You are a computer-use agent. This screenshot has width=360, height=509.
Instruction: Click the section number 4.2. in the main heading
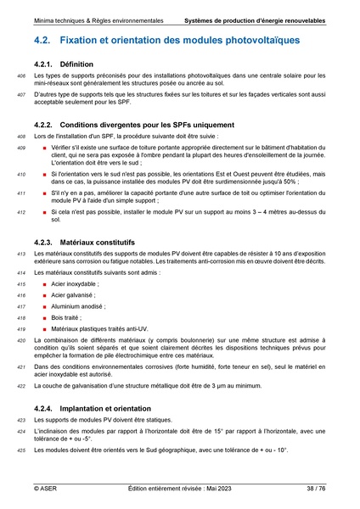click(46, 40)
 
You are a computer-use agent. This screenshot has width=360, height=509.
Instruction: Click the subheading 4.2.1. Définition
click(75, 64)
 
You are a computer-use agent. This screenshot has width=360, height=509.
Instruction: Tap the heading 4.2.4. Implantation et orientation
click(99, 408)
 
